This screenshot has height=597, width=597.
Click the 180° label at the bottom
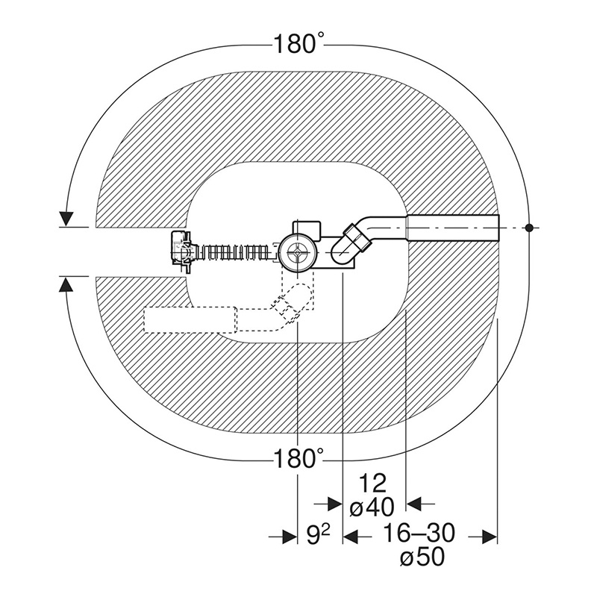(x=299, y=458)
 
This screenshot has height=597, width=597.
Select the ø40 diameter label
(x=372, y=507)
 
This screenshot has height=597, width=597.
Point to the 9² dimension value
(x=318, y=536)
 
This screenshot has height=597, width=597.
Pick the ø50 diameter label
(x=422, y=557)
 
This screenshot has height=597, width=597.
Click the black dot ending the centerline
(x=528, y=228)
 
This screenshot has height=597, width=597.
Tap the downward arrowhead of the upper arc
(x=66, y=219)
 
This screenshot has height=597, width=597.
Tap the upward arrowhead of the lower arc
(x=66, y=284)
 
